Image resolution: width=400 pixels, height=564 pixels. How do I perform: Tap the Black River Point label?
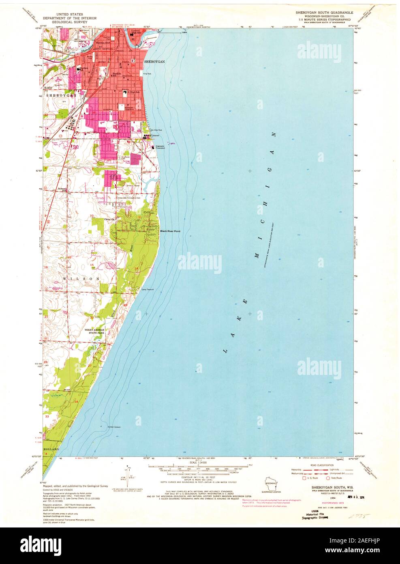click(x=170, y=231)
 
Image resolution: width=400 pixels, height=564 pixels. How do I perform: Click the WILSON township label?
click(x=81, y=279)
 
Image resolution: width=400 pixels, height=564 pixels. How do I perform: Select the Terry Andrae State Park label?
click(x=94, y=331)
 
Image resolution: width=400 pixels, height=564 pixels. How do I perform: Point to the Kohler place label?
click(x=49, y=87)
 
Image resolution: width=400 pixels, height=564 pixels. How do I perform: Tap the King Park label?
click(x=147, y=74)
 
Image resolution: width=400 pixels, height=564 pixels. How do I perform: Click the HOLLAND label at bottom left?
click(x=51, y=450)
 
